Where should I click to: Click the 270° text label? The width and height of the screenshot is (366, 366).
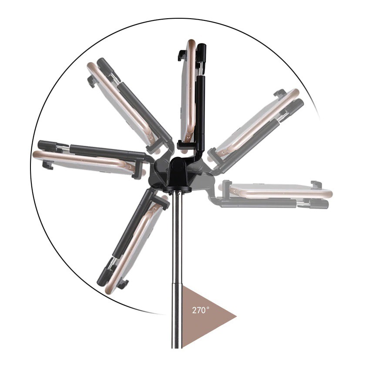tap(201, 310)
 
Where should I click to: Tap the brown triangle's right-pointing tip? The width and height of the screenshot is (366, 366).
tap(236, 317)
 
